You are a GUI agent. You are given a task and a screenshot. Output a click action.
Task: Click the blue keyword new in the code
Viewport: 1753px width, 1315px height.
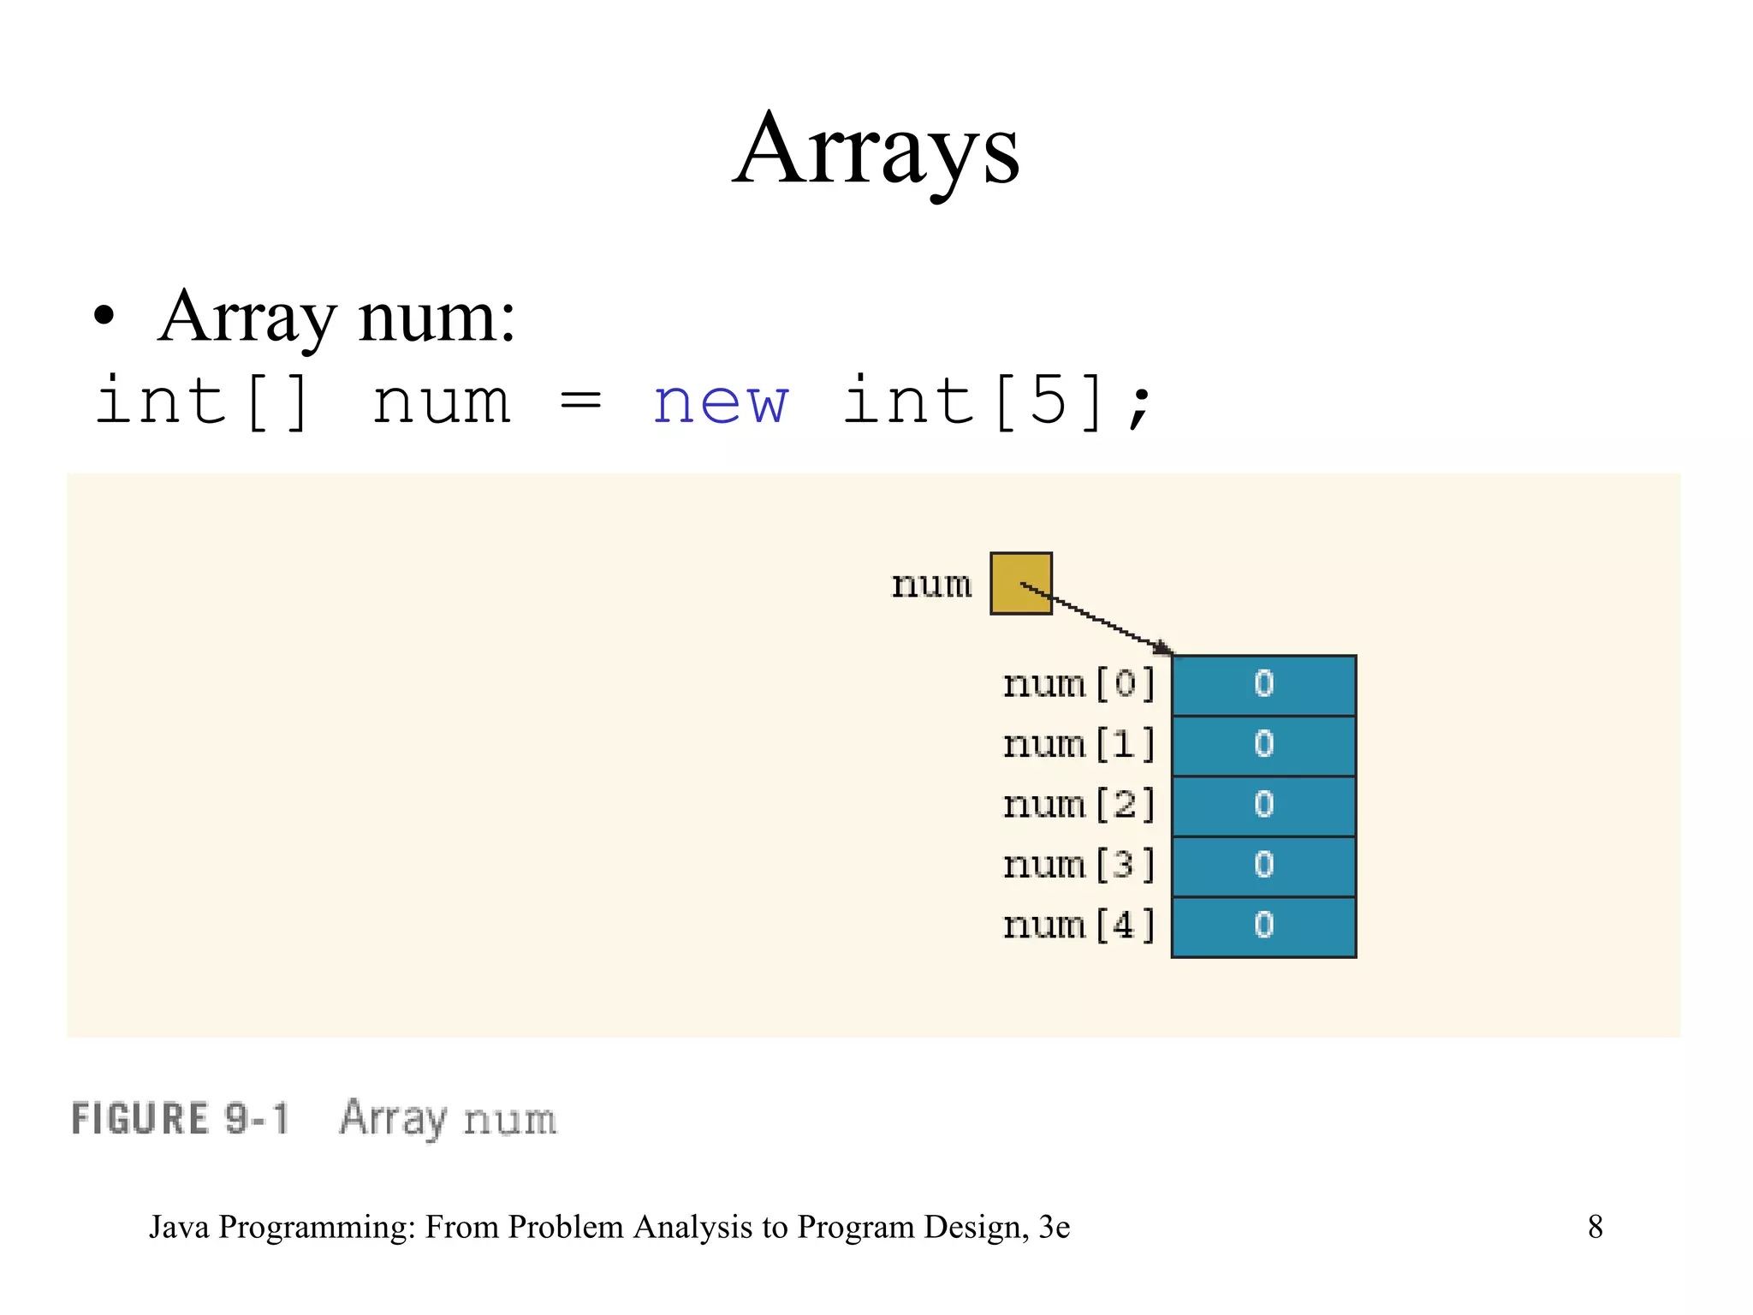(x=720, y=402)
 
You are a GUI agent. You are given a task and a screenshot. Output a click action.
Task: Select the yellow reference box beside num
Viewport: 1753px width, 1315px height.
(x=1020, y=583)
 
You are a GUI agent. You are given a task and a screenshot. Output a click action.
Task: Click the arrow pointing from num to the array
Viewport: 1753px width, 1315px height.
(x=1100, y=619)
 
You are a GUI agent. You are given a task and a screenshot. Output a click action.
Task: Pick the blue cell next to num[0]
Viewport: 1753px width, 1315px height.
(x=1263, y=685)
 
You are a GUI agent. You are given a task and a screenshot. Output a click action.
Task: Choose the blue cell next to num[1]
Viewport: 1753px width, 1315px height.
(x=1263, y=746)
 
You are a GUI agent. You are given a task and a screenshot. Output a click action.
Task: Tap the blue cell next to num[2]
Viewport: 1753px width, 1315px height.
(x=1263, y=806)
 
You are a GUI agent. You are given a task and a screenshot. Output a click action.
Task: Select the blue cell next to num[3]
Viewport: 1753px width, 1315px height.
(x=1263, y=866)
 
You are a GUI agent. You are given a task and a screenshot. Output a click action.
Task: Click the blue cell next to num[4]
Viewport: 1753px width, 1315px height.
(x=1263, y=926)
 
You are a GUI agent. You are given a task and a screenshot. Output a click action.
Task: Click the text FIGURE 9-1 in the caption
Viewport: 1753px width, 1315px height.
(x=180, y=1119)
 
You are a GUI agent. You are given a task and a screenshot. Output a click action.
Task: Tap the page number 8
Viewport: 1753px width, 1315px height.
(x=1595, y=1227)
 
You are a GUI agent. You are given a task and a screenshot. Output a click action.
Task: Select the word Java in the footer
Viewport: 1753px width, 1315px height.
(x=180, y=1227)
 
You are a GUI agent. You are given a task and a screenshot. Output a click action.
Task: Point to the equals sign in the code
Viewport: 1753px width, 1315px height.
(x=580, y=402)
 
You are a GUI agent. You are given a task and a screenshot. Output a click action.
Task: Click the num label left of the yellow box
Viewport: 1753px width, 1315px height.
(x=931, y=586)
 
